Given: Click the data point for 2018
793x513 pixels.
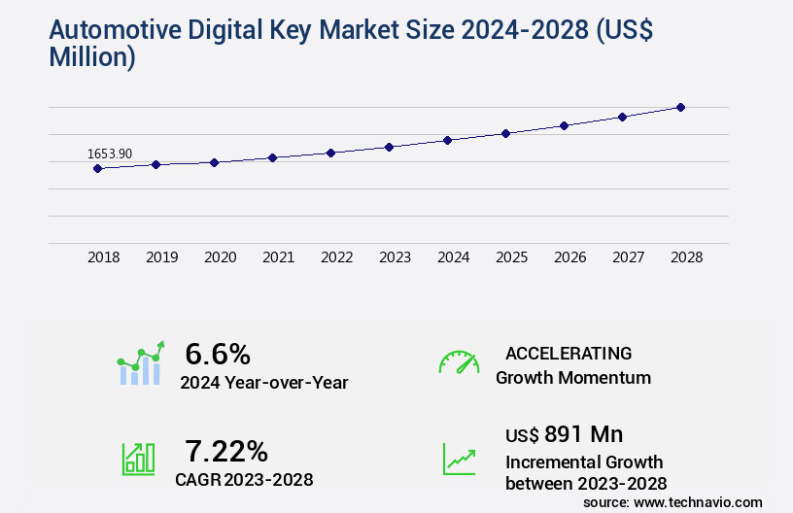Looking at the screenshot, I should (97, 168).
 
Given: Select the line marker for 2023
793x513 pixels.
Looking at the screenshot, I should (389, 147).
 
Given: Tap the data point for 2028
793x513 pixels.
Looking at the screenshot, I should (680, 107).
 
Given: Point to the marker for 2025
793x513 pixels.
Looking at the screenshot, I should (505, 133).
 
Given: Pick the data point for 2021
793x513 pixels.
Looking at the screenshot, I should (272, 157).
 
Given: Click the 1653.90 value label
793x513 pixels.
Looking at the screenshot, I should (109, 154).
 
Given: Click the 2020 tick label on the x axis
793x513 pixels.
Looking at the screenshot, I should (220, 257).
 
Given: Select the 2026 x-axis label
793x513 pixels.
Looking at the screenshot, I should (569, 257).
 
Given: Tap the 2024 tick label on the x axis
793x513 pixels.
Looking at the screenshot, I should (453, 257).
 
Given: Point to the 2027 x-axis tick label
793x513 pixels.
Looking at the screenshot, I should (628, 257).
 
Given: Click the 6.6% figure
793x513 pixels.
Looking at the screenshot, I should (218, 353).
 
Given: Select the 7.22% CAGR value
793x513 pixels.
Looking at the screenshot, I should (226, 450).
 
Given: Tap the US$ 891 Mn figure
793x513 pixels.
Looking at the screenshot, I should (565, 433).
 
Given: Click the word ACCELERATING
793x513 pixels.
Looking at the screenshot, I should (569, 354).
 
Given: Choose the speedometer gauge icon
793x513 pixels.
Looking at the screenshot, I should (459, 362).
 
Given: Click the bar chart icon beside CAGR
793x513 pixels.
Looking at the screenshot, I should (139, 459).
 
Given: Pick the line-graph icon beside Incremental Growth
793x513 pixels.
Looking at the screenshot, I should (459, 459).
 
